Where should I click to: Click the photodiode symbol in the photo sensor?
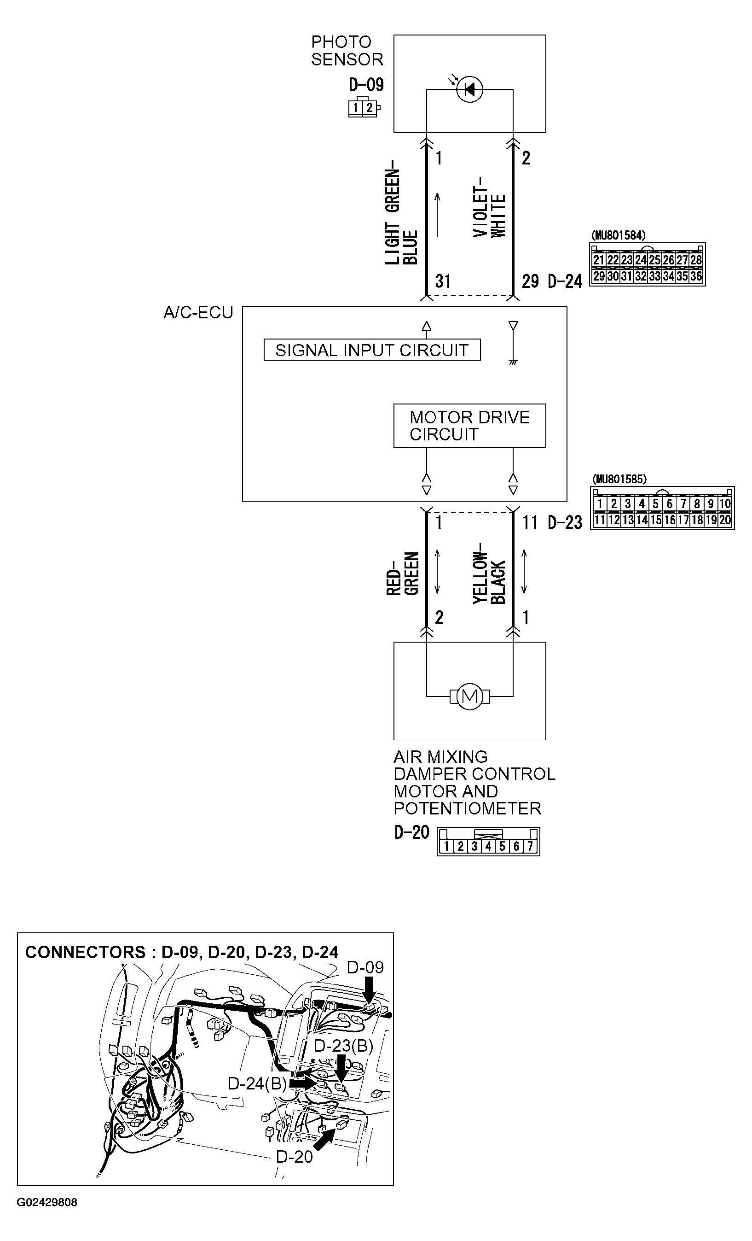pos(469,90)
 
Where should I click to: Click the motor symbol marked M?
pos(469,697)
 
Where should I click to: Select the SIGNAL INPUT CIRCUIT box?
pos(372,350)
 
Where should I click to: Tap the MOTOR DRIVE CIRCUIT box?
pos(469,426)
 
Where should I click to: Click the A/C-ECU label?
pos(198,313)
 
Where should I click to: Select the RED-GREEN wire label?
pos(402,574)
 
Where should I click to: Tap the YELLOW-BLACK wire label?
pos(489,573)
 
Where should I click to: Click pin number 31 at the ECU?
pos(442,281)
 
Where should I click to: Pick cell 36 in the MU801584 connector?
pos(696,276)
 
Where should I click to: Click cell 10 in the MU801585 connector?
pos(725,503)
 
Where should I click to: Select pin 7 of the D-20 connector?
pos(530,847)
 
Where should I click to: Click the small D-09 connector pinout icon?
pos(364,107)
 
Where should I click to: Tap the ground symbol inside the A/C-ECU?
pos(513,362)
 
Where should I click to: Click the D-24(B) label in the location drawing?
pos(257,1083)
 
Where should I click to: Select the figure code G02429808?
pos(47,1202)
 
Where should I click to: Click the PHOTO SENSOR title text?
pos(347,50)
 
